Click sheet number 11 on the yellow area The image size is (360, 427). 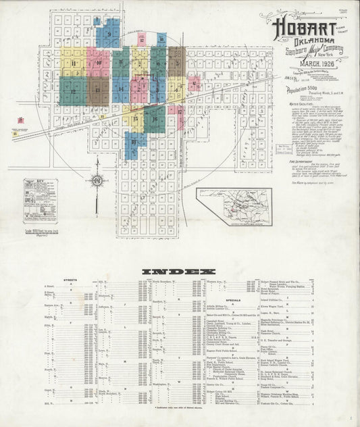[72, 63]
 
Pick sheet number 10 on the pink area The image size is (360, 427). [99, 63]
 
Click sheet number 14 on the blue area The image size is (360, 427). [120, 89]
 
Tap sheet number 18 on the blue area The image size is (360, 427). [134, 141]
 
